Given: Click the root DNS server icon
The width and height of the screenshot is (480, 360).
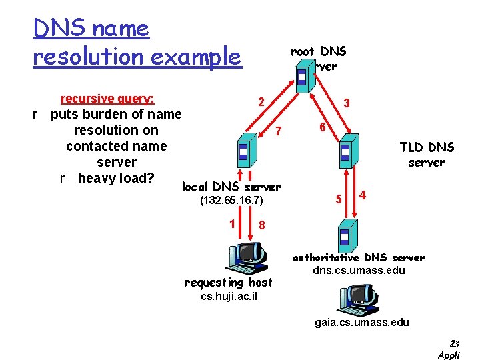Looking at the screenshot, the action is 303,78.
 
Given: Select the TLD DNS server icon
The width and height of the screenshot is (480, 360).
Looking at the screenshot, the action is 345,153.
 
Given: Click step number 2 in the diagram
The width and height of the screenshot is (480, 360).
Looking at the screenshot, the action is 262,102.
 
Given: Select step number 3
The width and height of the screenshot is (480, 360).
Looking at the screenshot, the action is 347,104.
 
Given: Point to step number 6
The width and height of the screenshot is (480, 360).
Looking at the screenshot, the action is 321,127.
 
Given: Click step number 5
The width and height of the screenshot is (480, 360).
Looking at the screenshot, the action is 339,199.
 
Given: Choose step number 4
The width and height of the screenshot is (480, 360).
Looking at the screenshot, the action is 362,195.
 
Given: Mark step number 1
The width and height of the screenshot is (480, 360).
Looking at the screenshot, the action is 232,223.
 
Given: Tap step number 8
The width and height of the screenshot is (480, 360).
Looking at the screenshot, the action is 262,225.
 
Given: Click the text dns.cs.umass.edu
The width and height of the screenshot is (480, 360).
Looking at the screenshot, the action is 358,271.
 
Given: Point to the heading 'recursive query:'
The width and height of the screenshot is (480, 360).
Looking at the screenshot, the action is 107,99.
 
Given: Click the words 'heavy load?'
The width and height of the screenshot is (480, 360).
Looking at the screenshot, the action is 116,178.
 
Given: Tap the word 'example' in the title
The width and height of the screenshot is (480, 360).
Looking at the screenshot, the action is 197,57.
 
